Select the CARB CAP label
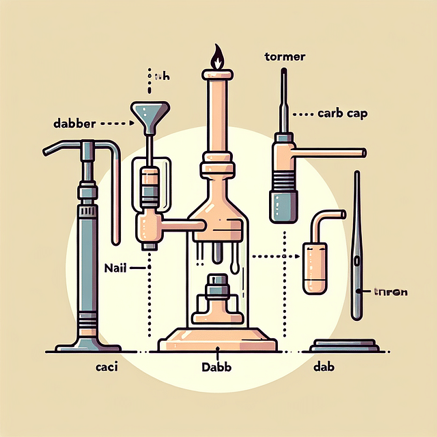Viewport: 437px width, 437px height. (343, 114)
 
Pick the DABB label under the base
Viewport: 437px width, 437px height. (217, 367)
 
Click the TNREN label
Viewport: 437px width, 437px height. (391, 292)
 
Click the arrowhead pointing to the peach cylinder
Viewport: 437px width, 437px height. (298, 257)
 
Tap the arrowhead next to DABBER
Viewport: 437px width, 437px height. (123, 125)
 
